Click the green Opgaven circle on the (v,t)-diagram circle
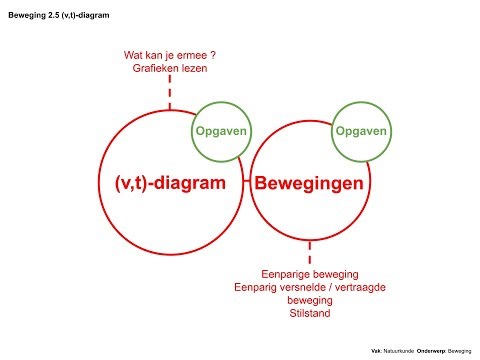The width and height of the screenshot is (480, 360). tap(220, 131)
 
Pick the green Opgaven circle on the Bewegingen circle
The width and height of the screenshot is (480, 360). tap(361, 131)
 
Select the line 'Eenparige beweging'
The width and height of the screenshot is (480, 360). tap(309, 273)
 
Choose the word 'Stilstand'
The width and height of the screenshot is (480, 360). tap(309, 313)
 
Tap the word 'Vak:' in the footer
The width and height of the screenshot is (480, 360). tap(375, 351)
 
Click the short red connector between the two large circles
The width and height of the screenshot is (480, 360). tap(246, 184)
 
